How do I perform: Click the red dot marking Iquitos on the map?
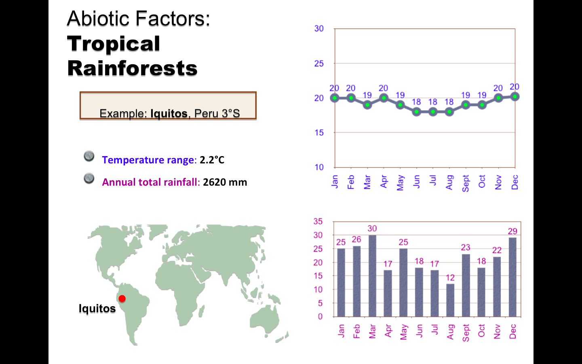122,298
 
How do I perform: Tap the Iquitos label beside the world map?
97,309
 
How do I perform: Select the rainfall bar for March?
372,276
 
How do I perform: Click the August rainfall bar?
450,300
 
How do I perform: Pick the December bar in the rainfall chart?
512,277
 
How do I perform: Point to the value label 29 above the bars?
512,231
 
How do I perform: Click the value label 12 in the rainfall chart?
450,278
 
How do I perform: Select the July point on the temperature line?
433,112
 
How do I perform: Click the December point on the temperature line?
515,97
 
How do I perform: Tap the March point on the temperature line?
367,105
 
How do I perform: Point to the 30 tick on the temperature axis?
319,29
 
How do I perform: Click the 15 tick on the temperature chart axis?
319,133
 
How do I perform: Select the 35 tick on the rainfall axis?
318,222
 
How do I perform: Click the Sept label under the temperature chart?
466,183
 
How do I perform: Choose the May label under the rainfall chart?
403,332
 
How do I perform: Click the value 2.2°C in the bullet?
212,160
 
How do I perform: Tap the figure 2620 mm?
225,182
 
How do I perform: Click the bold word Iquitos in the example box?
169,114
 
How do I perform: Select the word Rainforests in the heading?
132,68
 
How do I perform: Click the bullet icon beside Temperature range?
89,156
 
